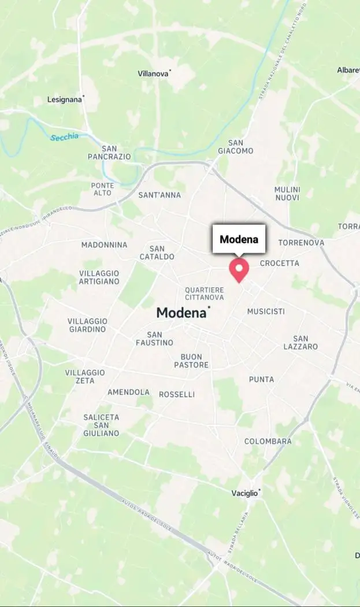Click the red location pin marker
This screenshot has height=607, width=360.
(x=239, y=269)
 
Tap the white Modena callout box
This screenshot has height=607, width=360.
(x=239, y=239)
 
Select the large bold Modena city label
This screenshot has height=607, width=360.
(x=181, y=313)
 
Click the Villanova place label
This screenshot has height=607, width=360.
(x=153, y=73)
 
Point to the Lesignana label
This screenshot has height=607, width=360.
(x=65, y=99)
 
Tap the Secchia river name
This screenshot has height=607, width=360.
(x=64, y=138)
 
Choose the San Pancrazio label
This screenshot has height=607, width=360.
(x=109, y=153)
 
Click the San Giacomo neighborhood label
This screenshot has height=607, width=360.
(x=236, y=147)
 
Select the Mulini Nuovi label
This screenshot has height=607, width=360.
(x=287, y=194)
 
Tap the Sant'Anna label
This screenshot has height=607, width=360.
(x=159, y=195)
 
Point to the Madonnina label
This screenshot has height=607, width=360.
(x=104, y=245)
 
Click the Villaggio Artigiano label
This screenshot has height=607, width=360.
(x=99, y=277)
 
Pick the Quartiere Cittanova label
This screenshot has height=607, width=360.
(x=205, y=293)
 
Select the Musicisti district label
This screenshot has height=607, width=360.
(x=266, y=311)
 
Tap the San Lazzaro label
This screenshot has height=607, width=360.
(x=300, y=343)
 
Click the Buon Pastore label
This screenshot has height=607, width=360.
(x=191, y=361)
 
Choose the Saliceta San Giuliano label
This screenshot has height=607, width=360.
(x=101, y=425)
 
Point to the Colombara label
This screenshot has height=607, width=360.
(x=268, y=441)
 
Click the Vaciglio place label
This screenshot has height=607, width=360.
(x=244, y=493)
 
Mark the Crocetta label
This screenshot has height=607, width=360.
(x=280, y=263)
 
